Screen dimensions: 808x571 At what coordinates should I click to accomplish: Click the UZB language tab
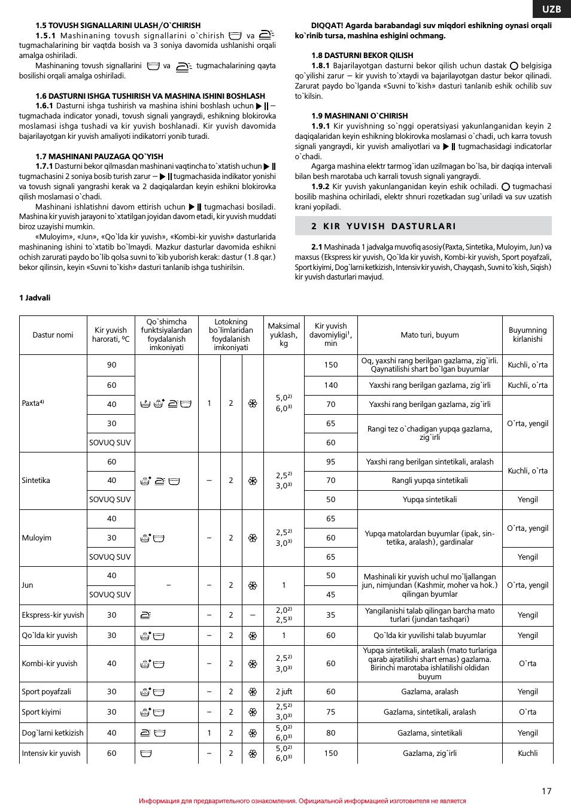pyautogui.click(x=551, y=9)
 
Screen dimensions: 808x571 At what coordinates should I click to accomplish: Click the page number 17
pyautogui.click(x=546, y=791)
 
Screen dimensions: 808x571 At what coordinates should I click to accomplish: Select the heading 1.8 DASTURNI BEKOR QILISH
pyautogui.click(x=354, y=56)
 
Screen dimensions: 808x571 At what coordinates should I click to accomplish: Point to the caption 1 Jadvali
pyautogui.click(x=35, y=297)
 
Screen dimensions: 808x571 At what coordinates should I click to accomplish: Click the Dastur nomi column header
pyautogui.click(x=53, y=335)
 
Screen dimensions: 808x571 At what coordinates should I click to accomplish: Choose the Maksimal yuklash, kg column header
pyautogui.click(x=284, y=335)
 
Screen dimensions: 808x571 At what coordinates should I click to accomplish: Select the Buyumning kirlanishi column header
pyautogui.click(x=527, y=335)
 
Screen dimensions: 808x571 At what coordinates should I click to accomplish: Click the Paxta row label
pyautogui.click(x=33, y=403)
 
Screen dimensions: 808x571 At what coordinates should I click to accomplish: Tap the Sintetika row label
pyautogui.click(x=36, y=481)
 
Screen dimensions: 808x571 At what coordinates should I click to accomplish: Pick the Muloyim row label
pyautogui.click(x=37, y=538)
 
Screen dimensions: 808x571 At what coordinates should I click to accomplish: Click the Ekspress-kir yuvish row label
pyautogui.click(x=53, y=615)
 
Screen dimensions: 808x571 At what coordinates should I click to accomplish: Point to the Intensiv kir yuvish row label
pyautogui.click(x=51, y=754)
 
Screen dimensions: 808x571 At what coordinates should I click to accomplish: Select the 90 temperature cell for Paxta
pyautogui.click(x=111, y=365)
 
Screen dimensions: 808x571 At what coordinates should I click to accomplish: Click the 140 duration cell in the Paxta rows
pyautogui.click(x=330, y=385)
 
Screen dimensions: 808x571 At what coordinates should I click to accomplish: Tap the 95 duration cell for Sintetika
pyautogui.click(x=330, y=462)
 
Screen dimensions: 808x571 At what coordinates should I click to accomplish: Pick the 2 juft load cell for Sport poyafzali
pyautogui.click(x=284, y=692)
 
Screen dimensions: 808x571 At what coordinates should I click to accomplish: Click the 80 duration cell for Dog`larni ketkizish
pyautogui.click(x=330, y=733)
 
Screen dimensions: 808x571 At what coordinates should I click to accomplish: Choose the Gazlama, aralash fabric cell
pyautogui.click(x=429, y=692)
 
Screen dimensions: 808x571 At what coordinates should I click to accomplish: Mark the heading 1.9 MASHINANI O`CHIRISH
pyautogui.click(x=359, y=116)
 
